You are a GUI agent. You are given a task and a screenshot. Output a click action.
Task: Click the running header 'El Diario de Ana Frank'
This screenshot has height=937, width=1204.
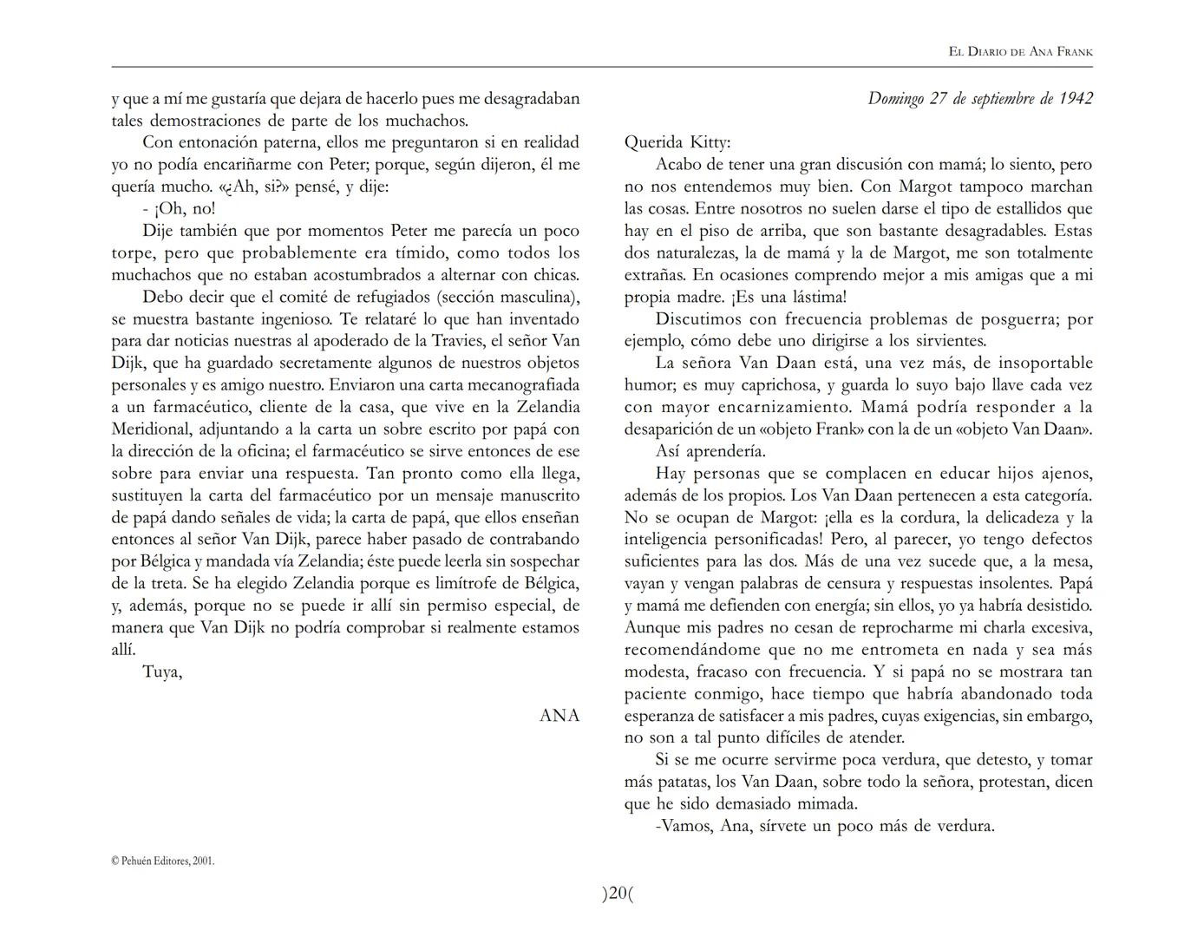(x=1020, y=52)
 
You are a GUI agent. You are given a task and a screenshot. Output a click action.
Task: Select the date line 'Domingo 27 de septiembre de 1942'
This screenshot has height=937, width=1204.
(x=979, y=98)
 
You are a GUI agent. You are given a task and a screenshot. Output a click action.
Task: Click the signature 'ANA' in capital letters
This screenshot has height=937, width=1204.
(x=559, y=716)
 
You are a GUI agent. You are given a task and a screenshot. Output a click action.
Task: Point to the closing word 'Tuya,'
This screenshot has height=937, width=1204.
(x=162, y=672)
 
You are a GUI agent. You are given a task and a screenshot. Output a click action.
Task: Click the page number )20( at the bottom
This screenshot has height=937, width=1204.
(x=618, y=894)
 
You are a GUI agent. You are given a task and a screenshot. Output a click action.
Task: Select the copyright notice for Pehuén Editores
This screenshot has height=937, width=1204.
(x=163, y=861)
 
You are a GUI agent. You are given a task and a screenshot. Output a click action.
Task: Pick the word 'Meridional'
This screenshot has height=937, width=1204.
(x=151, y=429)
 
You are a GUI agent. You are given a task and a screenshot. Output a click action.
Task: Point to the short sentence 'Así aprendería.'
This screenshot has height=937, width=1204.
(x=710, y=451)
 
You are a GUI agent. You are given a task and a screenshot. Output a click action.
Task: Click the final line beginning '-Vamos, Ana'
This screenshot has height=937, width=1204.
(x=824, y=826)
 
